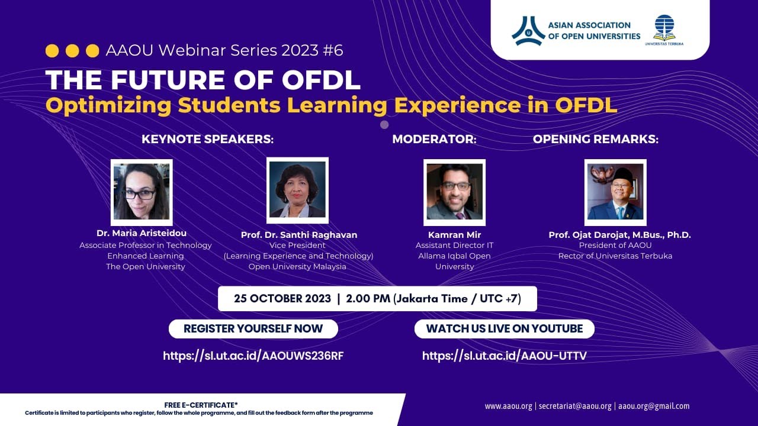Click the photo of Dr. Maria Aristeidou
[142, 192]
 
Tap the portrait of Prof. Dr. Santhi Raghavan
[297, 190]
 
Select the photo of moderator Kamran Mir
[454, 192]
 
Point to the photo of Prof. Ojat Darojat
[615, 192]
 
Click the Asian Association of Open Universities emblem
[528, 31]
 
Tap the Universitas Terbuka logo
[664, 30]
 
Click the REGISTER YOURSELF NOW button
[253, 329]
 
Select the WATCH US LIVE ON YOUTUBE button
[504, 329]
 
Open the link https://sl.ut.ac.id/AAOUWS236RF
[253, 356]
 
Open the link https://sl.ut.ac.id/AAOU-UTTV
[504, 356]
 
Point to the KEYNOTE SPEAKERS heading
[207, 140]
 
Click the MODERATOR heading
[434, 140]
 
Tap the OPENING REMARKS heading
[595, 140]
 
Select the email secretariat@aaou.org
[575, 406]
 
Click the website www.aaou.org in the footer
[508, 406]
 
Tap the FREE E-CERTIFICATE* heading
[201, 405]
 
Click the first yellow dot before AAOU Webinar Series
[52, 51]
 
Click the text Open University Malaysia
[297, 266]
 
